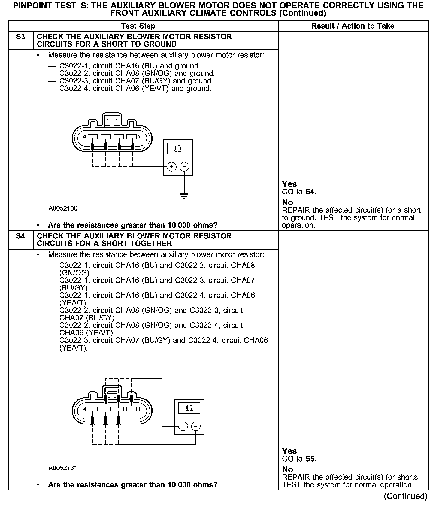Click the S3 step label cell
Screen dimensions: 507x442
tap(20, 37)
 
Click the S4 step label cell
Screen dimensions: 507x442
tap(20, 236)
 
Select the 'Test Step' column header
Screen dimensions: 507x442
tap(138, 26)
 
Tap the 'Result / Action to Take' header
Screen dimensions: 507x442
tap(353, 26)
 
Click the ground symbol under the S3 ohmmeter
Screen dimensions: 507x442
tap(184, 196)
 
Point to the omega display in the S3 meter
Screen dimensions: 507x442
tap(178, 149)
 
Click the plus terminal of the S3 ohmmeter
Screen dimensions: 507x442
tap(171, 167)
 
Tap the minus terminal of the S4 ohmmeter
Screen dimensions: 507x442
tap(196, 426)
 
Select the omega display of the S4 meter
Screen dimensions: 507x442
tap(189, 408)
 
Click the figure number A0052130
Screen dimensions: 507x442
tap(63, 208)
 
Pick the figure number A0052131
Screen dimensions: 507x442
tap(63, 468)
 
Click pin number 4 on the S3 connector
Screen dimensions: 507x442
tap(84, 137)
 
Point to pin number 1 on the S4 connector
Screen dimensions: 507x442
tap(139, 409)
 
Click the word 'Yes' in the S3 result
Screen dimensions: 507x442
tap(289, 184)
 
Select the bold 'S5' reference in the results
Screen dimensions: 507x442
tap(310, 459)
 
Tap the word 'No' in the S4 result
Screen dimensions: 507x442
tap(288, 469)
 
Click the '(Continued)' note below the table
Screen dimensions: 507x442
tap(405, 496)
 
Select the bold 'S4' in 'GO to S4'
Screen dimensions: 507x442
tap(310, 192)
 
